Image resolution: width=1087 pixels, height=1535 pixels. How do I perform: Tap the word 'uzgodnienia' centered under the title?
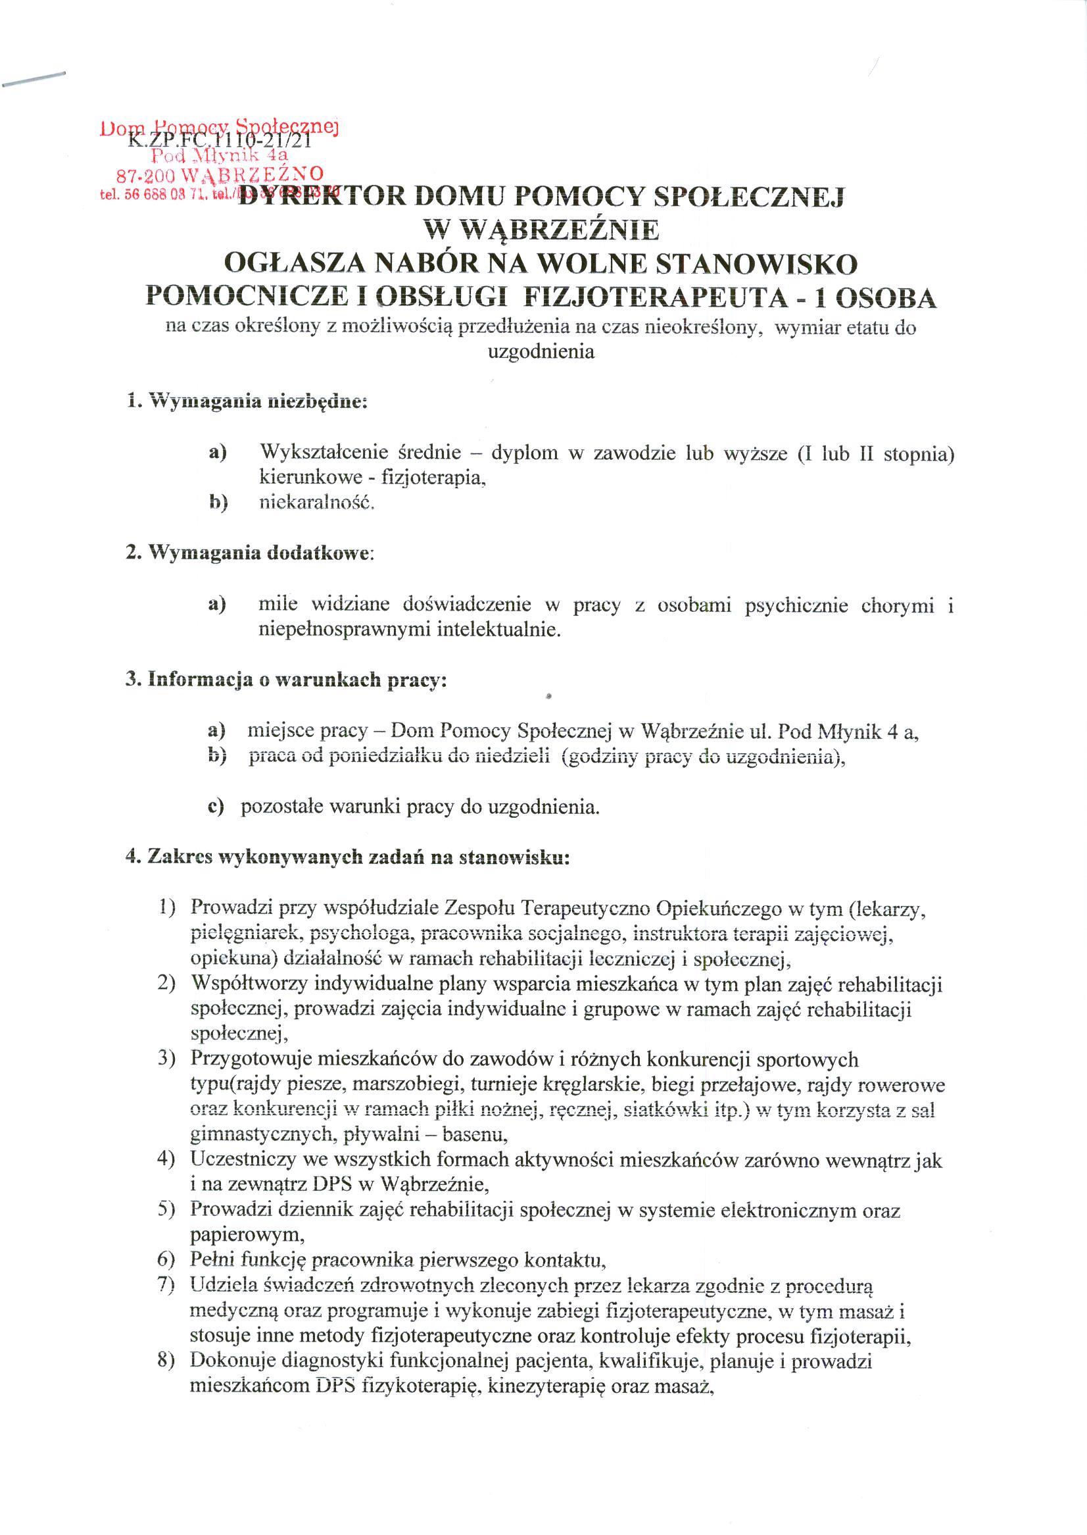coord(541,352)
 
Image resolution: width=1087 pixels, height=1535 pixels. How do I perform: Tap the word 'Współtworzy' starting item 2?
coord(248,984)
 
